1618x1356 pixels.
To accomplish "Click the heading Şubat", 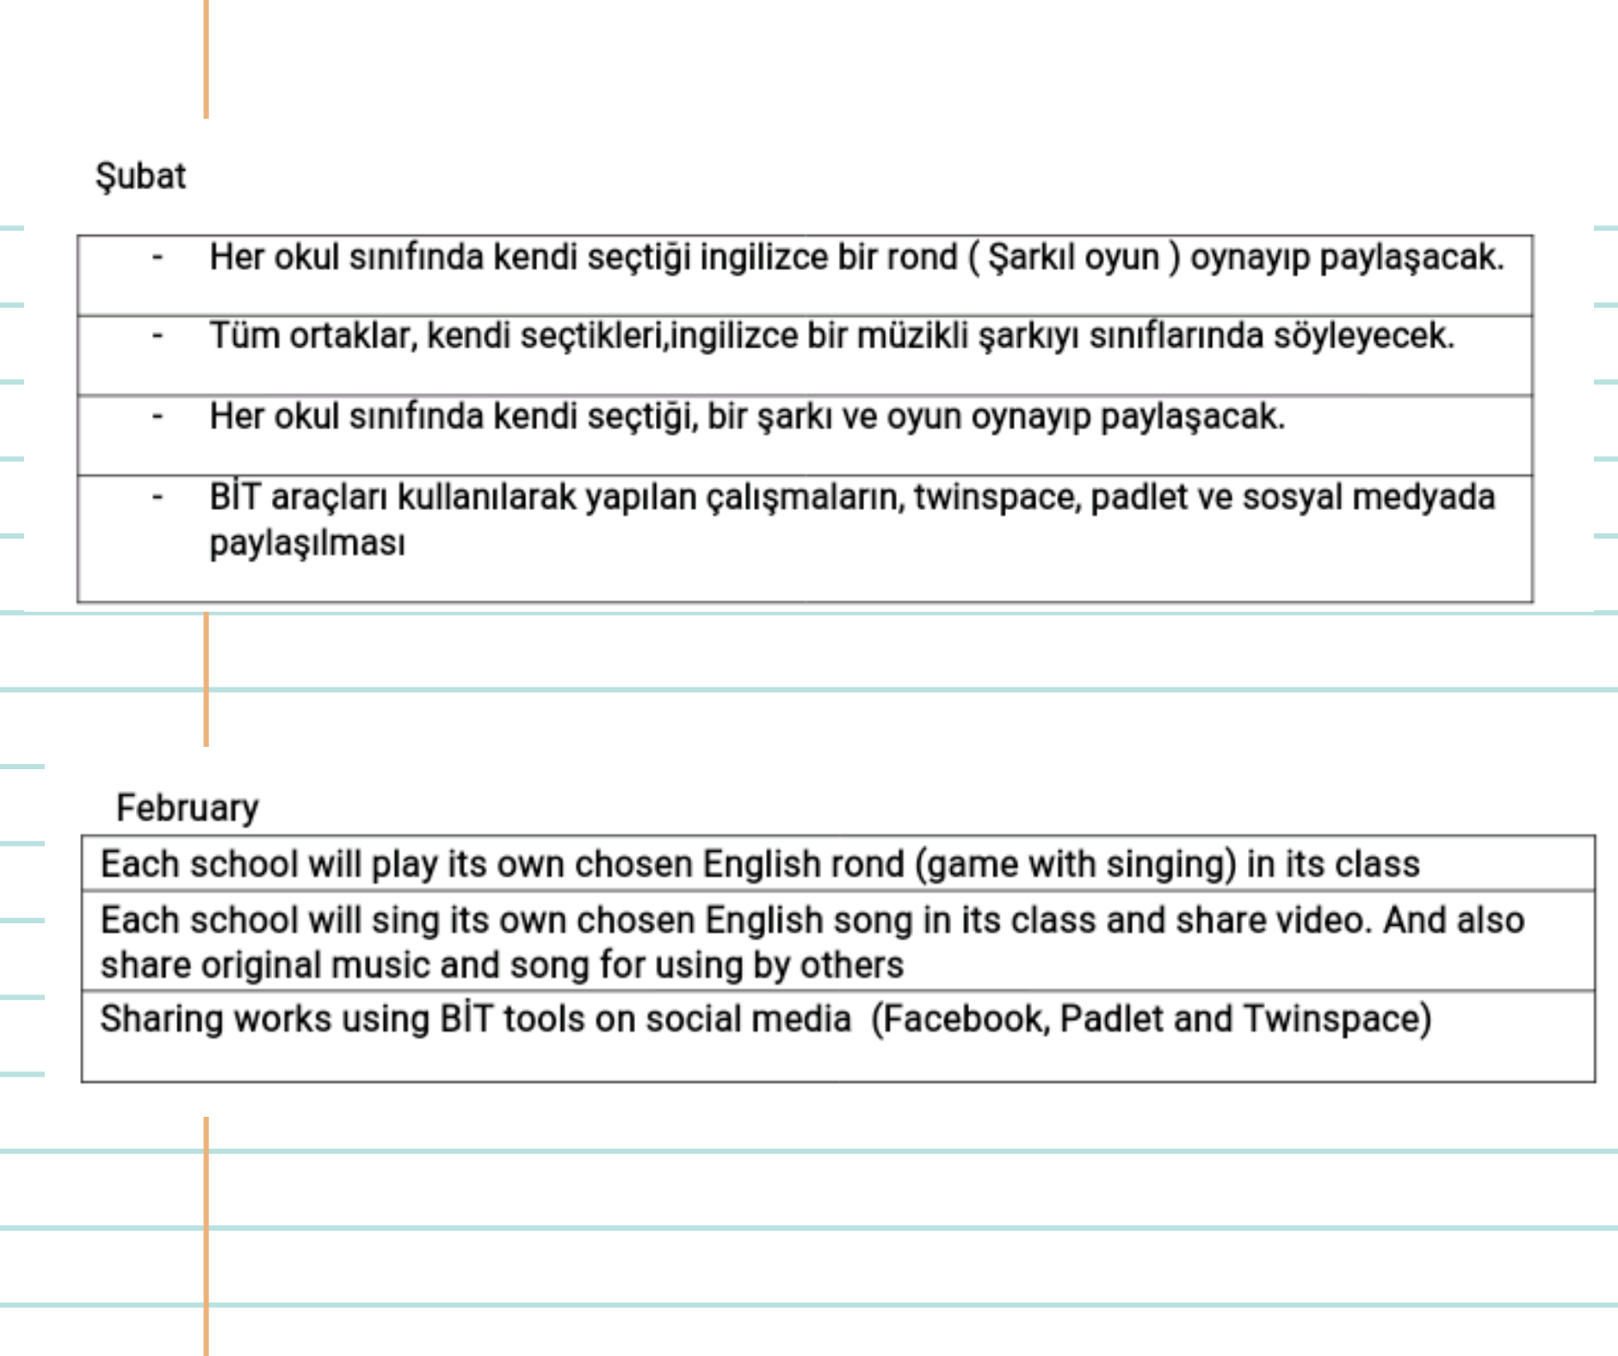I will pyautogui.click(x=140, y=176).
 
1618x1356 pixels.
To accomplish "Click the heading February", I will pyautogui.click(x=187, y=808).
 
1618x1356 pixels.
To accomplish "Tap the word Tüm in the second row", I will pyautogui.click(x=244, y=336).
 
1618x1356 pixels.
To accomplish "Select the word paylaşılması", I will pyautogui.click(x=307, y=543).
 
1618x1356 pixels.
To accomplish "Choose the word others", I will pyautogui.click(x=852, y=965).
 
